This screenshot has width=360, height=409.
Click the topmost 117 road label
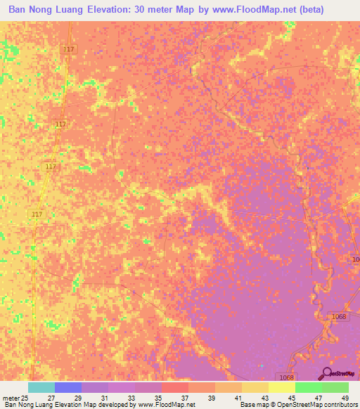pyautogui.click(x=68, y=49)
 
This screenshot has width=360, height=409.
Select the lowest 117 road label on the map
pyautogui.click(x=38, y=214)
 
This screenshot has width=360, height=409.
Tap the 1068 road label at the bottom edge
pyautogui.click(x=285, y=377)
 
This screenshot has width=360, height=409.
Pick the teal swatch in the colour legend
pyautogui.click(x=41, y=387)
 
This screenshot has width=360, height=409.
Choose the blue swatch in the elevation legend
pyautogui.click(x=68, y=387)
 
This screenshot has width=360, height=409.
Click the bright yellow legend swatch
pyautogui.click(x=281, y=387)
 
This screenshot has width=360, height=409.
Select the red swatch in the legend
pyautogui.click(x=174, y=387)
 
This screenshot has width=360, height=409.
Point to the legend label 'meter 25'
pyautogui.click(x=14, y=398)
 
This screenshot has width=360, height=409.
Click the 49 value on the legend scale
pyautogui.click(x=344, y=398)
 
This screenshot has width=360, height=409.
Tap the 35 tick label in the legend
pyautogui.click(x=157, y=398)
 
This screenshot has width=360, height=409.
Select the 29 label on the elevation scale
pyautogui.click(x=77, y=398)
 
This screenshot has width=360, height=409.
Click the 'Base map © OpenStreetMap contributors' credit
pyautogui.click(x=297, y=405)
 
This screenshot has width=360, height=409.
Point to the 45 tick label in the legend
pyautogui.click(x=290, y=398)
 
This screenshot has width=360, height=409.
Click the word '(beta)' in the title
pyautogui.click(x=332, y=10)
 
